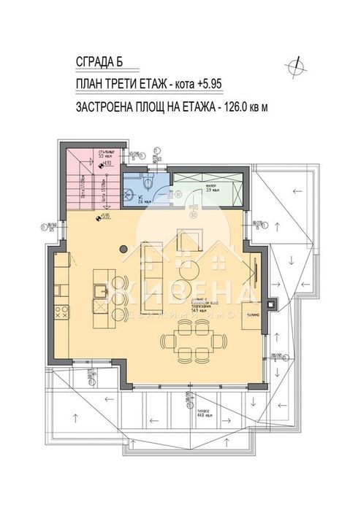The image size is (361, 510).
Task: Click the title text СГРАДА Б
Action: [x=103, y=61]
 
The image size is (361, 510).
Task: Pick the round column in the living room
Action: [x=124, y=250]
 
